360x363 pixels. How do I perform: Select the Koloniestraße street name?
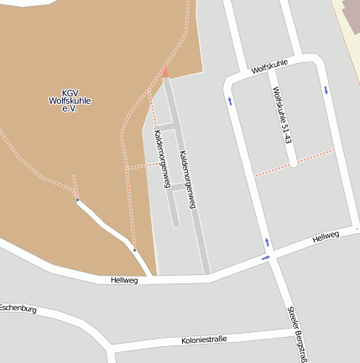point(205,340)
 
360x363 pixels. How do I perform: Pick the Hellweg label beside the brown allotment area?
point(123,280)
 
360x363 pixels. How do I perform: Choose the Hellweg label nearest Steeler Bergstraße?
point(325,239)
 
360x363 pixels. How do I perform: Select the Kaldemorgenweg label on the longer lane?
point(192,179)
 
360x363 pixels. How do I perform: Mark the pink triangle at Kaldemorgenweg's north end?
point(166,73)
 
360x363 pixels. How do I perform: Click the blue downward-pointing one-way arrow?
point(326,89)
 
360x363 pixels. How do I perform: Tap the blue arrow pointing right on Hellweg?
point(266,257)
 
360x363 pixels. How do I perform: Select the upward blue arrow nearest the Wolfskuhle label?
point(229,101)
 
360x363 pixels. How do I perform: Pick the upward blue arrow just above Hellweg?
point(268,242)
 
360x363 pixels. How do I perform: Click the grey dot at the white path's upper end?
point(78,200)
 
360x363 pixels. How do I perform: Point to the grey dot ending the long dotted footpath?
point(134,249)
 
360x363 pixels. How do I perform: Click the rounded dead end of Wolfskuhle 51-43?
point(293,163)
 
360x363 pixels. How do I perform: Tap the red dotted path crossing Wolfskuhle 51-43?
point(294,162)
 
